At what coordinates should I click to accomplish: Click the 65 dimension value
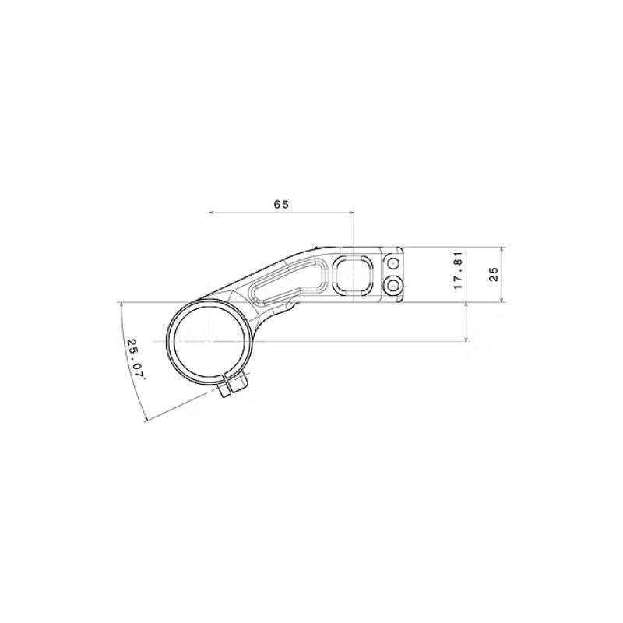[x=281, y=204]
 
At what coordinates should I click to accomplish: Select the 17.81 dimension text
[x=459, y=271]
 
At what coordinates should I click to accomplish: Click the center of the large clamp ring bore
[x=209, y=342]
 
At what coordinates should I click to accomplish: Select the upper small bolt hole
[x=393, y=265]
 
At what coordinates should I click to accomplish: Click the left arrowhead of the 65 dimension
[x=213, y=212]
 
